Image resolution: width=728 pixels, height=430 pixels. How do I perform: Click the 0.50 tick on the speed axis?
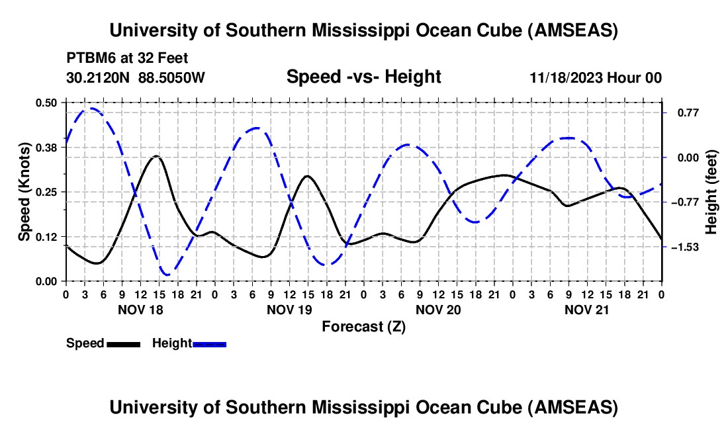coord(46,103)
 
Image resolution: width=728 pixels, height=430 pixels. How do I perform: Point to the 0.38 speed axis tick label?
coord(46,148)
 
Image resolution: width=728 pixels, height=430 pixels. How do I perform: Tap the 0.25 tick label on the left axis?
coord(46,192)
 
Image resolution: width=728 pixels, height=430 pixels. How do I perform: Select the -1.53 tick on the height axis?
coord(685,247)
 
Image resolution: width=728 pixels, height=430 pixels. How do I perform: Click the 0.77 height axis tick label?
coord(688,112)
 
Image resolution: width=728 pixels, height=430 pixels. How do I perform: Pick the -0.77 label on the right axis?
coord(685,202)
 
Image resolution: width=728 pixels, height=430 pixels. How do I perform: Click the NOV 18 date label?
coord(140,310)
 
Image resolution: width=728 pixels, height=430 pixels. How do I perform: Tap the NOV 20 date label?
coord(438,310)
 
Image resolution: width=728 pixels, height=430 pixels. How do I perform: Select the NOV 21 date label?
coord(586,310)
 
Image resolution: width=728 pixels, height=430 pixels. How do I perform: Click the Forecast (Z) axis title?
coord(363,327)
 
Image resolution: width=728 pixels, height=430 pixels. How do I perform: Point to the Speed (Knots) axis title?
coord(24,192)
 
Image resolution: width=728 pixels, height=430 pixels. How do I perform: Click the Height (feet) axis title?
coord(711,192)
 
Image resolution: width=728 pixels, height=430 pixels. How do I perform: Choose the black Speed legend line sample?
coord(124,344)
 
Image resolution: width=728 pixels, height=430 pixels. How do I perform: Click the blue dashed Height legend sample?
coord(209,344)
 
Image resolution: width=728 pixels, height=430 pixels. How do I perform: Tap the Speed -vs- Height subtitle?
coord(363,77)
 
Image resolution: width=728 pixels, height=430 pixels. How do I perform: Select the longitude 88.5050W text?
coord(171,77)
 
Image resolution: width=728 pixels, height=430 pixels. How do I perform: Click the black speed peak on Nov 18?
coord(157,156)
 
